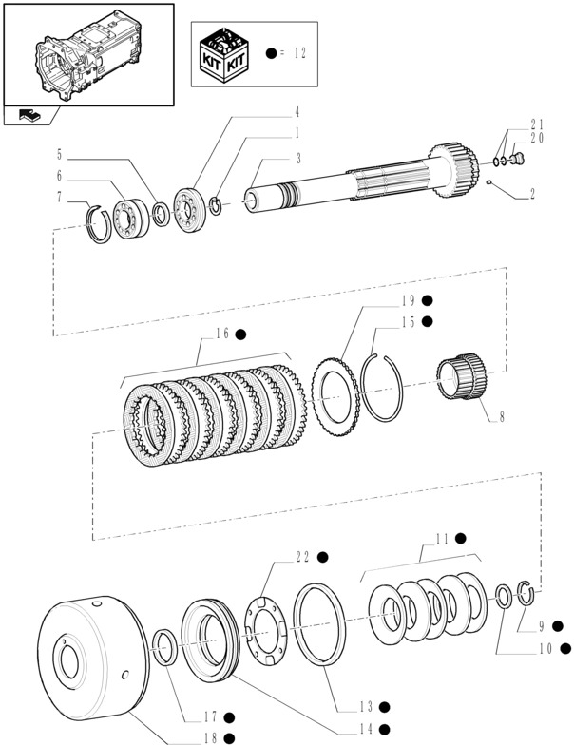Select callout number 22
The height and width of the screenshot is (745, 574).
coord(303,557)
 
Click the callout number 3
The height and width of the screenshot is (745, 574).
coord(298,157)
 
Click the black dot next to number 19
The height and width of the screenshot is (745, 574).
coord(428,300)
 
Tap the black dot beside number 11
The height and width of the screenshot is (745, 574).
coord(461,538)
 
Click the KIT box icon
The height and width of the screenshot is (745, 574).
coord(225,53)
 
